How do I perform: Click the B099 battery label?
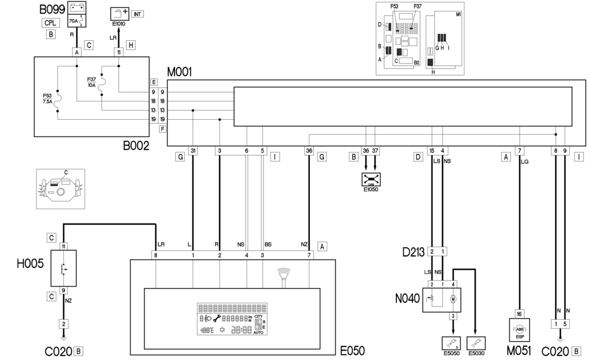(x=51, y=9)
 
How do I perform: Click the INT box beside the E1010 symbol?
(x=137, y=13)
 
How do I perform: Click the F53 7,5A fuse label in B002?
(x=47, y=98)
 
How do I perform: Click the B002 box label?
(x=136, y=146)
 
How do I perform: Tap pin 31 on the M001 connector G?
(x=193, y=151)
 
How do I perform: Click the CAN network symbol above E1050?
(x=369, y=179)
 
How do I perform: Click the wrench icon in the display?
(x=217, y=317)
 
